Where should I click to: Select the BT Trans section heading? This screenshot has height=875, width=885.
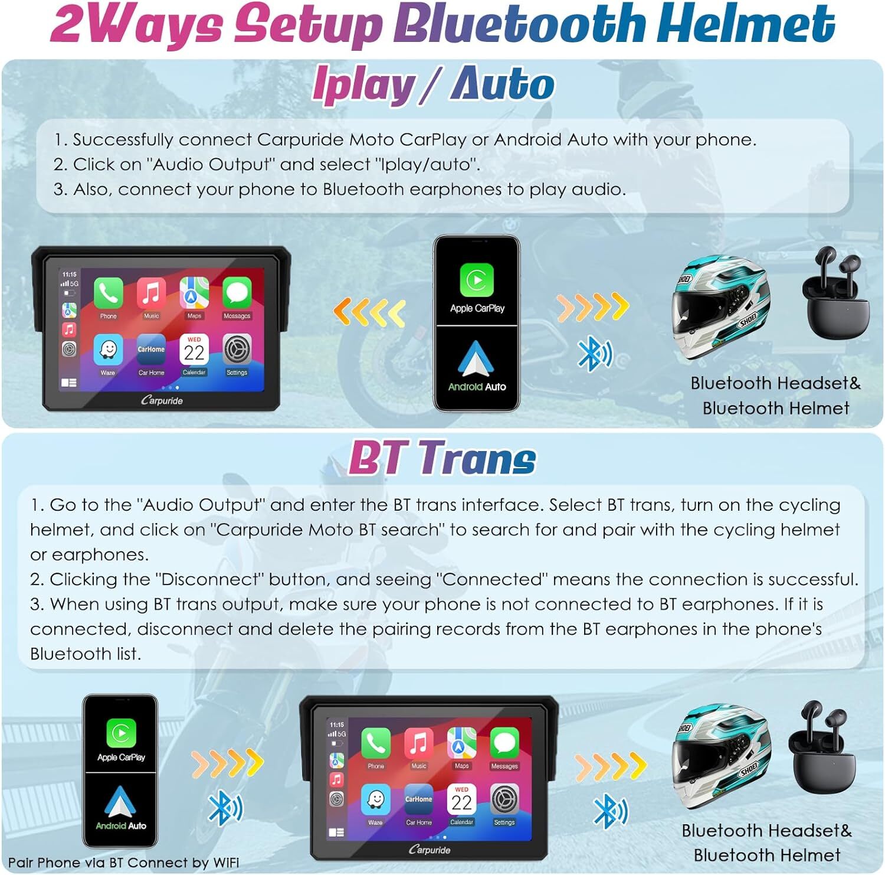442,458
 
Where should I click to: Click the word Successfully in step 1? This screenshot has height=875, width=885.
123,140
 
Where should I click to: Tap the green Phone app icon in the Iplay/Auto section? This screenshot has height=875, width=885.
108,293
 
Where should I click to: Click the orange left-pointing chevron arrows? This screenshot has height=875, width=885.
369,312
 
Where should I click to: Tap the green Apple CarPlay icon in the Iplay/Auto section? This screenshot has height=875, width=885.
477,280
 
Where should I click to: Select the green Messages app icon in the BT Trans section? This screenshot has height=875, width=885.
504,743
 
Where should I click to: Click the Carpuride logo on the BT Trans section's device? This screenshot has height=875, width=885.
430,850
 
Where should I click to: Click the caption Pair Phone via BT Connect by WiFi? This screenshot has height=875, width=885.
124,863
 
